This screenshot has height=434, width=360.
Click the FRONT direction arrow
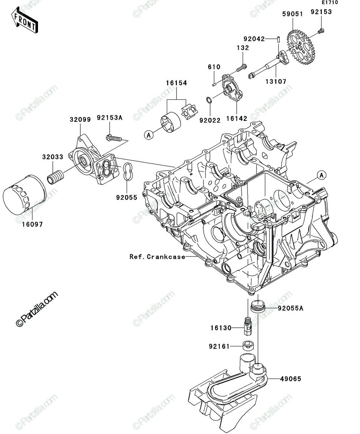25,20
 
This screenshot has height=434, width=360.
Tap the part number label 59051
293,14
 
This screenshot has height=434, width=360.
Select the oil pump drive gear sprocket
304,48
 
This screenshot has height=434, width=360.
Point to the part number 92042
254,39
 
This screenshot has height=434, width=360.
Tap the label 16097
33,224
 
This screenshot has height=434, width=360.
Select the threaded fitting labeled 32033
55,177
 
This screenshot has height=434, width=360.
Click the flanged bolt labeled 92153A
114,138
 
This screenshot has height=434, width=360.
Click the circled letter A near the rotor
149,135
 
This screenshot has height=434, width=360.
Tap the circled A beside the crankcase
322,175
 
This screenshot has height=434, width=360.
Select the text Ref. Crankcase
157,257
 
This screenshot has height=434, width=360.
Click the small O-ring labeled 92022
209,100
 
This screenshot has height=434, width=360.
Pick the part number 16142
237,119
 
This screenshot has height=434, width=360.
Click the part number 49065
291,379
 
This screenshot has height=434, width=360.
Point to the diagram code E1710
330,3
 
